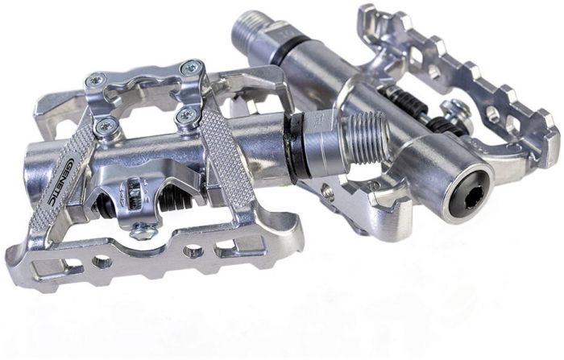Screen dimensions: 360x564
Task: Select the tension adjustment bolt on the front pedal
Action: tap(143, 231)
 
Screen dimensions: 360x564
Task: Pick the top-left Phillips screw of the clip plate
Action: tap(95, 78)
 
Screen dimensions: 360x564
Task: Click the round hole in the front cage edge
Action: tap(102, 261)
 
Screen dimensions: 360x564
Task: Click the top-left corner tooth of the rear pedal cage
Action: tap(366, 12)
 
